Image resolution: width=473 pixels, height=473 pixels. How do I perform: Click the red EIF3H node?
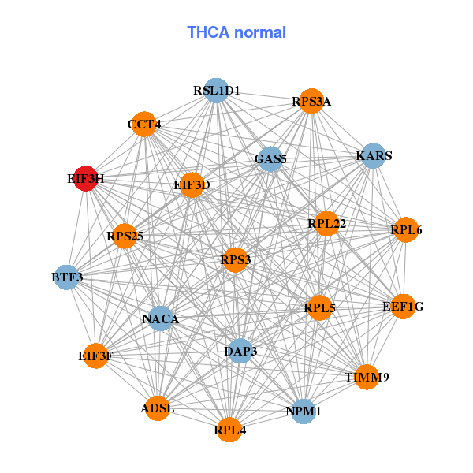(86, 178)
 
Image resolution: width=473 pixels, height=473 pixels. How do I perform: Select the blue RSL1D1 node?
(216, 90)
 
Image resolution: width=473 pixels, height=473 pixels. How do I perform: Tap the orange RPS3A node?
(311, 101)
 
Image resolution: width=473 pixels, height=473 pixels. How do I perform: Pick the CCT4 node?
(144, 124)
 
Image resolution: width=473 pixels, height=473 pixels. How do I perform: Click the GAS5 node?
(270, 159)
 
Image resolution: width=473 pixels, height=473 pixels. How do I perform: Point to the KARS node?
(374, 155)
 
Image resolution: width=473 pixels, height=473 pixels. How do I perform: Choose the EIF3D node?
(192, 185)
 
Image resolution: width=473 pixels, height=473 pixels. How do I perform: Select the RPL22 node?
(326, 224)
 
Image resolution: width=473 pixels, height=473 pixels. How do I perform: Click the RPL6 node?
(406, 229)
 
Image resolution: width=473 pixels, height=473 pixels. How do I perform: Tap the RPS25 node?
(125, 236)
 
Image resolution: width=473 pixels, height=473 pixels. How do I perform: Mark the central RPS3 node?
(235, 259)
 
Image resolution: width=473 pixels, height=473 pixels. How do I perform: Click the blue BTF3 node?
(67, 277)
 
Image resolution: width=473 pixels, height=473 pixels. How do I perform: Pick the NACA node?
(161, 318)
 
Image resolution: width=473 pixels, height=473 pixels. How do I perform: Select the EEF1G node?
(403, 307)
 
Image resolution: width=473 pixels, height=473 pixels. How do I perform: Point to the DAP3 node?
(240, 351)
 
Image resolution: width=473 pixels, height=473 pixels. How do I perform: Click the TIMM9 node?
(367, 377)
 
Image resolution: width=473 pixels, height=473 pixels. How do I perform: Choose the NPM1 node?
(304, 412)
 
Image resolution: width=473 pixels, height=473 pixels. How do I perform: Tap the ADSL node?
(157, 408)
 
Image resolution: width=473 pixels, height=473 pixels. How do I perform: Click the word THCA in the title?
(208, 32)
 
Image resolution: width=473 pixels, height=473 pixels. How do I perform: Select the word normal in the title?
(260, 32)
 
